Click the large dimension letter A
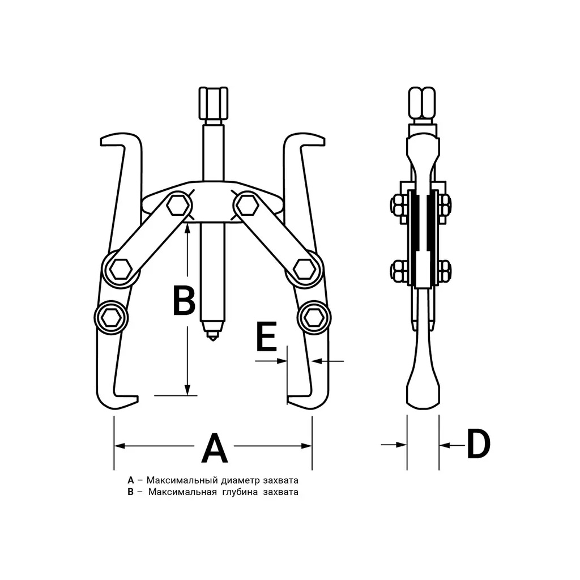(x=215, y=448)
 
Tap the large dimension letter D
(x=478, y=444)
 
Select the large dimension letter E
(x=267, y=336)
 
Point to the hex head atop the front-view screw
(x=213, y=103)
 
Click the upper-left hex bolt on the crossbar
(x=178, y=206)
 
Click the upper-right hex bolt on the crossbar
(x=247, y=206)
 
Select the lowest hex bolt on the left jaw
(x=110, y=317)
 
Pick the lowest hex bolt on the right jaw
(x=314, y=317)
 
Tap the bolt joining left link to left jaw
(x=121, y=268)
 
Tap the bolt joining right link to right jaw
(x=304, y=268)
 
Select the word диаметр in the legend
(x=240, y=481)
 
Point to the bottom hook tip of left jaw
(x=137, y=399)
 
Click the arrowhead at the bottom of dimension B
(x=187, y=390)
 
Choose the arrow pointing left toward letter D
(x=452, y=445)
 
